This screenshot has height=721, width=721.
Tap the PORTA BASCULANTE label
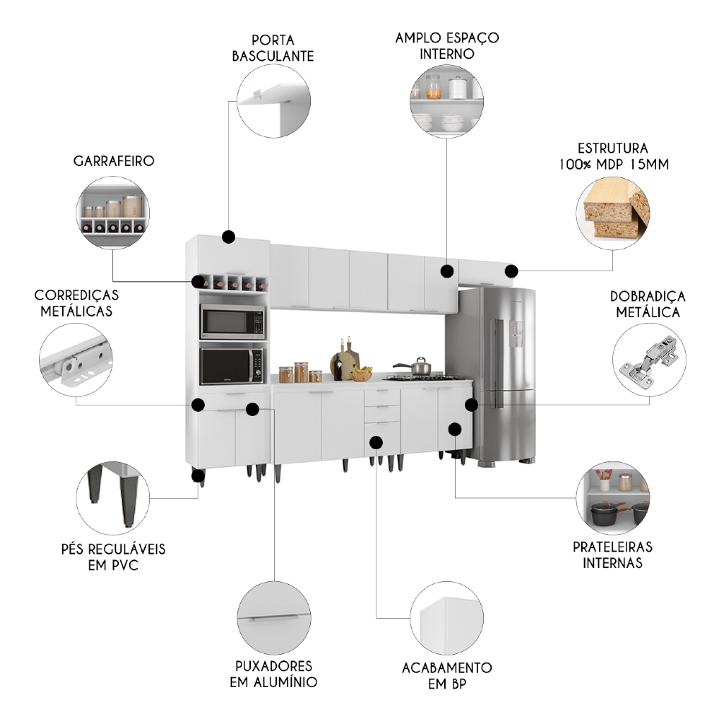click(x=273, y=48)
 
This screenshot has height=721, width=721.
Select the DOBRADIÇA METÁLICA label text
click(x=647, y=304)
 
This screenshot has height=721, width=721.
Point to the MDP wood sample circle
click(x=613, y=209)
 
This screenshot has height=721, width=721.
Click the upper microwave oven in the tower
click(x=232, y=322)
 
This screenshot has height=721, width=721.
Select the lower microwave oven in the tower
click(x=232, y=366)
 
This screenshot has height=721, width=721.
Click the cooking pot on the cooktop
click(x=413, y=366)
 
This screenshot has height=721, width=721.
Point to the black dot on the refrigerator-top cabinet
click(x=511, y=271)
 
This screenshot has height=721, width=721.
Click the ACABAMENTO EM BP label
click(x=447, y=675)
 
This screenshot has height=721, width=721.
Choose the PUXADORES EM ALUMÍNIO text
click(x=273, y=673)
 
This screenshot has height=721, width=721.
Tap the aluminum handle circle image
click(x=274, y=619)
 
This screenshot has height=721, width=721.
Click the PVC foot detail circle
click(x=112, y=499)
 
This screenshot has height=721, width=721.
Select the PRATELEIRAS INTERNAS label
click(x=612, y=554)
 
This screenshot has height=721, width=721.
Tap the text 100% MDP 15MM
click(x=613, y=164)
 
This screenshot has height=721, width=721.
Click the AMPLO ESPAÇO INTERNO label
click(x=447, y=45)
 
